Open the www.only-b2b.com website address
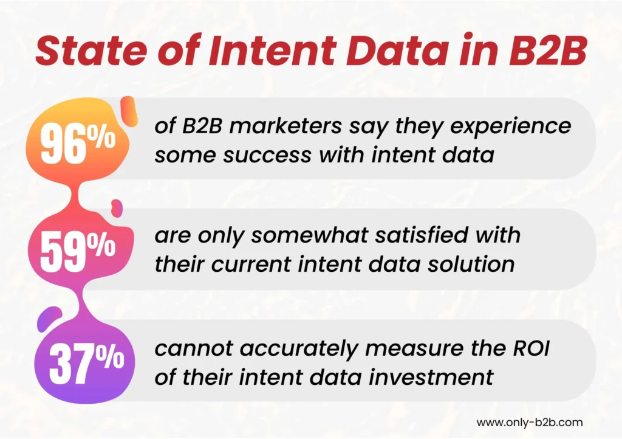[530, 421]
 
